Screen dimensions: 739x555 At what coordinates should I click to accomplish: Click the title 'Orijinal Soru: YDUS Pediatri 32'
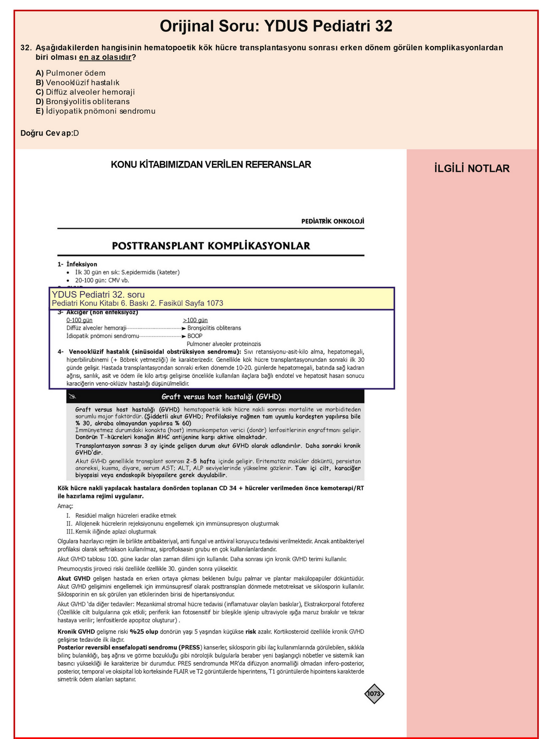coord(276,26)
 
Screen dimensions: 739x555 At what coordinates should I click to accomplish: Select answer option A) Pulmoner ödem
coord(70,73)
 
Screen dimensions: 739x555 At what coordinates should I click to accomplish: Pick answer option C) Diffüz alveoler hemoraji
coord(85,92)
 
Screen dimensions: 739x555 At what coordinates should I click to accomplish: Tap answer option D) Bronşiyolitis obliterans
coord(82,102)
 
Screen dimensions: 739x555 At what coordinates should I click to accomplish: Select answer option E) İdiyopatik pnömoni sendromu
coord(95,112)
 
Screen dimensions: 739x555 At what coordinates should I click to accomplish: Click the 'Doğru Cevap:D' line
coord(49,133)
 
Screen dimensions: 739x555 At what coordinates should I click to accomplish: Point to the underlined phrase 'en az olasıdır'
coord(105,57)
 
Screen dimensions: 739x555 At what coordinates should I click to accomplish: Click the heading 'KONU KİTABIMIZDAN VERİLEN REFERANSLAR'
coord(211,165)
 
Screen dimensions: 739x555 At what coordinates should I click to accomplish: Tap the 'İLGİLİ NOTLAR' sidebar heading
coord(472,168)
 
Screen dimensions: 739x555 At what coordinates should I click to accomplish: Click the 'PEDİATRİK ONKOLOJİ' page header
coord(333,221)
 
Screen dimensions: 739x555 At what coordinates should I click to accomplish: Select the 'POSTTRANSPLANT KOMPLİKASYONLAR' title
coord(211,246)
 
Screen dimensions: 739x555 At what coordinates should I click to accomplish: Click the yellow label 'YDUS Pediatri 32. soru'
coord(98,295)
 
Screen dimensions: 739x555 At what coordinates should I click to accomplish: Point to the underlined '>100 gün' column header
coord(195,320)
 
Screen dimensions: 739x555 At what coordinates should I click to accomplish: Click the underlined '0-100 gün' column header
coord(79,320)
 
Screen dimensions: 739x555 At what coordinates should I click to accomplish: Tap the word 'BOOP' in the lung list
coord(195,336)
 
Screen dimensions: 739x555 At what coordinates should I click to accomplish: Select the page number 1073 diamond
coord(374,694)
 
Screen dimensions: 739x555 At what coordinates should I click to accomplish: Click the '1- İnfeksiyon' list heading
coord(77,264)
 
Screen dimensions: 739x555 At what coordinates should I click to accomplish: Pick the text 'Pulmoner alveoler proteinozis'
coord(223,344)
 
